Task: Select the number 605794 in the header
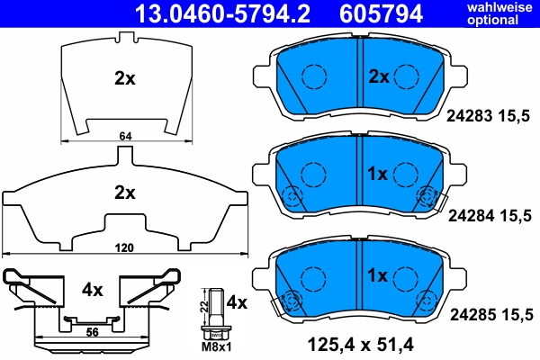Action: pyautogui.click(x=374, y=13)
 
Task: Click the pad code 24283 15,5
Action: pyautogui.click(x=490, y=114)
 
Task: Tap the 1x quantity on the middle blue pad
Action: pyautogui.click(x=376, y=173)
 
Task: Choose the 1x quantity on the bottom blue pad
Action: pyautogui.click(x=376, y=273)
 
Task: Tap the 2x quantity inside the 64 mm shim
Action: pyautogui.click(x=124, y=78)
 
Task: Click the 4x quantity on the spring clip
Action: pyautogui.click(x=94, y=291)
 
